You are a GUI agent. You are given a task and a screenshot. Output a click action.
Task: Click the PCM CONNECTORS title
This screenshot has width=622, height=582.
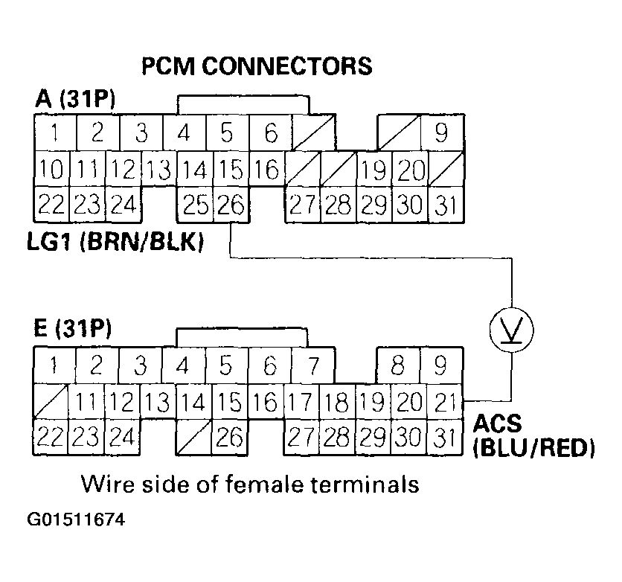coord(257,66)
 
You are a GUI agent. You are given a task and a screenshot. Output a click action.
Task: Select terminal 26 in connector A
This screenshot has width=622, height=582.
coord(231,204)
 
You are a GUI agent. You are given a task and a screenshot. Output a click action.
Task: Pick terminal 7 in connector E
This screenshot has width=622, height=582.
coord(312,366)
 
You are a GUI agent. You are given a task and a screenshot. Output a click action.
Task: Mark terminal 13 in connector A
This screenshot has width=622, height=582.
coord(158,170)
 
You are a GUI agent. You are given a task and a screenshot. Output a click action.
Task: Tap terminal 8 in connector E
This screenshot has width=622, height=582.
coord(399,366)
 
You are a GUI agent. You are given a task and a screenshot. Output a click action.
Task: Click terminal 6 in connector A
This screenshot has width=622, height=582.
coord(271,134)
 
